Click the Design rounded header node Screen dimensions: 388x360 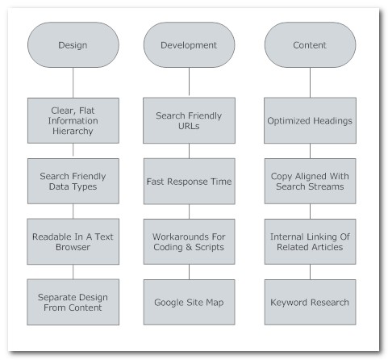pyautogui.click(x=73, y=45)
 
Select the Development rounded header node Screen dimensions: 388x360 pyautogui.click(x=189, y=45)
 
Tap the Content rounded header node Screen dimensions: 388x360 pyautogui.click(x=310, y=45)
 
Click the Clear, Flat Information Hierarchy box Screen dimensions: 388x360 pyautogui.click(x=73, y=120)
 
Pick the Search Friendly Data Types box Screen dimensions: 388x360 pyautogui.click(x=73, y=181)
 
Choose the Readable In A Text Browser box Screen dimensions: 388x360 pyautogui.click(x=73, y=241)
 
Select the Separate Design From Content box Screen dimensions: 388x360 pyautogui.click(x=73, y=302)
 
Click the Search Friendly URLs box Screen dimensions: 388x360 pyautogui.click(x=189, y=120)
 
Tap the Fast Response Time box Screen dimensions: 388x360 pyautogui.click(x=189, y=181)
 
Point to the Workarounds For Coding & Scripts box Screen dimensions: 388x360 pyautogui.click(x=189, y=241)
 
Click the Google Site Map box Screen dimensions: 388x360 pyautogui.click(x=189, y=302)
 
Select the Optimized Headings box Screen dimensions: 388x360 pyautogui.click(x=310, y=120)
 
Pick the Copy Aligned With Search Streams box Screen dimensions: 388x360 pyautogui.click(x=310, y=181)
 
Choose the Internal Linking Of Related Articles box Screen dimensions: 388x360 pyautogui.click(x=310, y=241)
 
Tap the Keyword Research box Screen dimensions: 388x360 pyautogui.click(x=310, y=302)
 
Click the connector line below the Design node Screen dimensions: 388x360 pyautogui.click(x=73, y=82)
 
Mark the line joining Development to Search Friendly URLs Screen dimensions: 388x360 pyautogui.click(x=189, y=82)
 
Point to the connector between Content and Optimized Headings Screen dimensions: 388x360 pyautogui.click(x=310, y=82)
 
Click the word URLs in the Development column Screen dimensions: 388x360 pyautogui.click(x=189, y=126)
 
